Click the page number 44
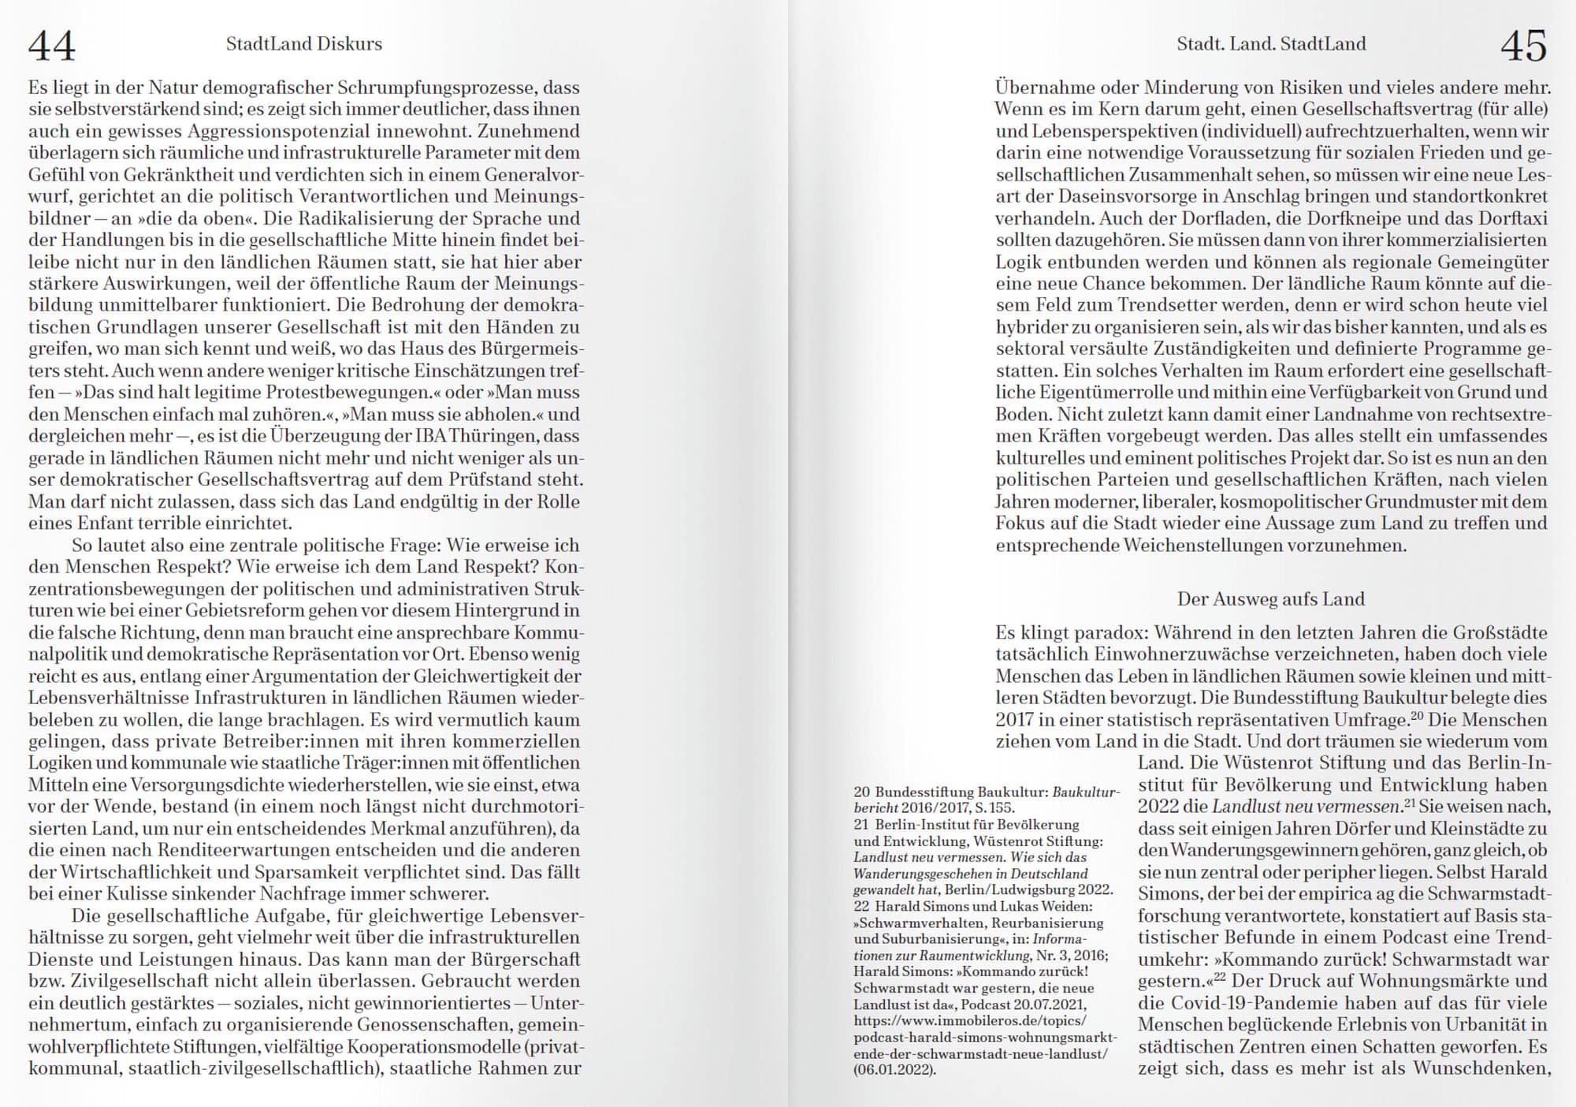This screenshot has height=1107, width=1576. pos(52,46)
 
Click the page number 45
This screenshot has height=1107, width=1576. pos(1523,46)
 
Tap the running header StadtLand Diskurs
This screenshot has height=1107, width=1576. pos(303,44)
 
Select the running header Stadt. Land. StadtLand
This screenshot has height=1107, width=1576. pos(1271,44)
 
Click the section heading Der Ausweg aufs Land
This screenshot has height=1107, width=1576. pos(1270,599)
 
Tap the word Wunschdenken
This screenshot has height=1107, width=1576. pos(1480,1069)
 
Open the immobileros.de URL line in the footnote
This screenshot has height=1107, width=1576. pos(969,1021)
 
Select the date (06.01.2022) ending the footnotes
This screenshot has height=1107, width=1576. pos(894,1070)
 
